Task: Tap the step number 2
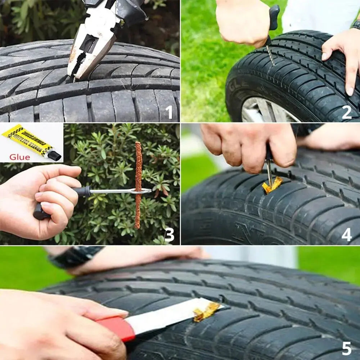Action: tap(346, 112)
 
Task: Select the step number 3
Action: tap(169, 235)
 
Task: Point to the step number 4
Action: tap(346, 235)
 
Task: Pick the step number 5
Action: tap(346, 348)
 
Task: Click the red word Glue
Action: tap(20, 157)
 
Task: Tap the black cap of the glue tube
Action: tap(54, 156)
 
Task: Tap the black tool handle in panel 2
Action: tap(274, 18)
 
